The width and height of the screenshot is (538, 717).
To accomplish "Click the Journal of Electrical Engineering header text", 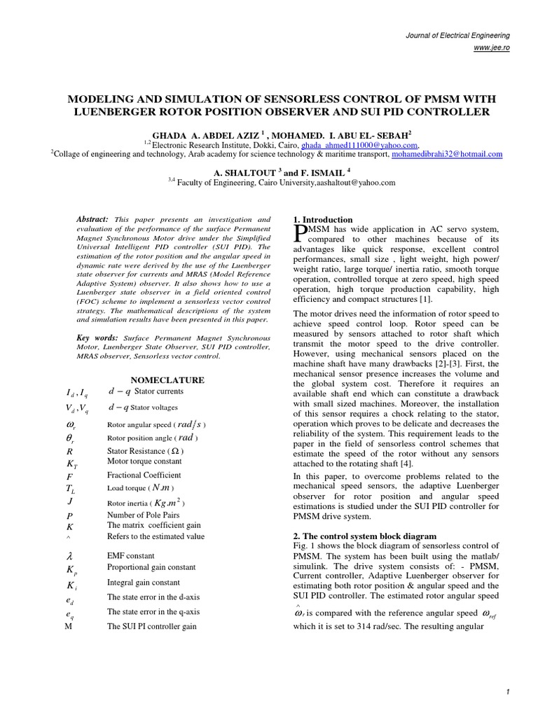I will [x=460, y=35].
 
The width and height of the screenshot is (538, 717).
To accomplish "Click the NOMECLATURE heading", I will [x=168, y=380].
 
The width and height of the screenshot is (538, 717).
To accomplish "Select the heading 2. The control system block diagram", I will [x=364, y=536].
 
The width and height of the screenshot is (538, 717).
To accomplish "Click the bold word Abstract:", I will [x=92, y=219].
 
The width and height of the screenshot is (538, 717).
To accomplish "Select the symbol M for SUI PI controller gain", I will [x=68, y=627].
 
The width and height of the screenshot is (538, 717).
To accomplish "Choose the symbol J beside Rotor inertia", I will [x=69, y=501].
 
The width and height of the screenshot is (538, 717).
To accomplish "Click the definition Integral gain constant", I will [x=143, y=582].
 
